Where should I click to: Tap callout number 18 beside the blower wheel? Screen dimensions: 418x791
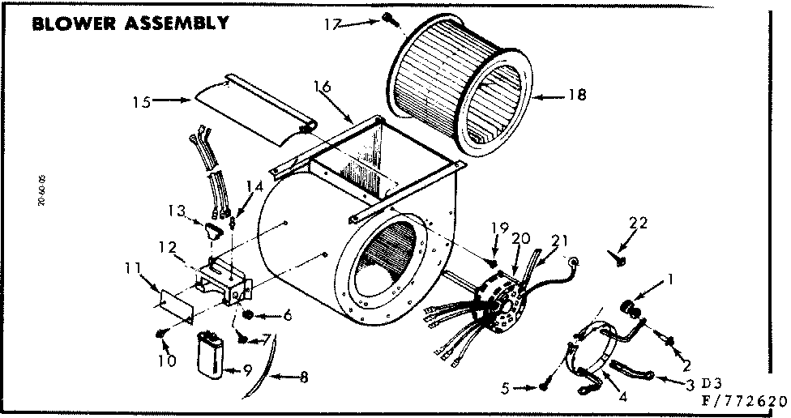(576, 95)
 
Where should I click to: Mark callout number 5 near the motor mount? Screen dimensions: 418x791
(507, 388)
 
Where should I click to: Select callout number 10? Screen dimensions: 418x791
(167, 361)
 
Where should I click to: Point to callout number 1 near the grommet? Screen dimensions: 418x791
(669, 280)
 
